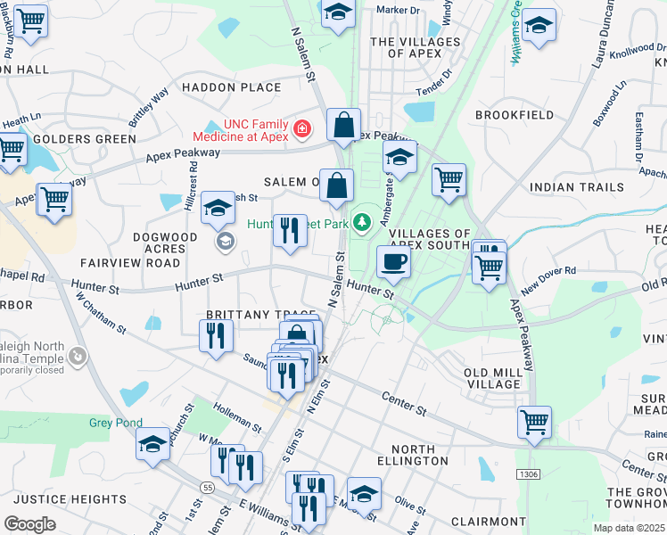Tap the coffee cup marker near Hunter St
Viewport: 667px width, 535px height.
[x=392, y=261]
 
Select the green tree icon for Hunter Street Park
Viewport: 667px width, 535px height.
[x=362, y=221]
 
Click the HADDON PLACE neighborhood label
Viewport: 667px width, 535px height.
[x=231, y=87]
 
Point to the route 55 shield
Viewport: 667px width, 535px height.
[x=206, y=488]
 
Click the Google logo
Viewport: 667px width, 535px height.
[x=29, y=523]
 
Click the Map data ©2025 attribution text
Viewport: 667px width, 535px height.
[x=629, y=528]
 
